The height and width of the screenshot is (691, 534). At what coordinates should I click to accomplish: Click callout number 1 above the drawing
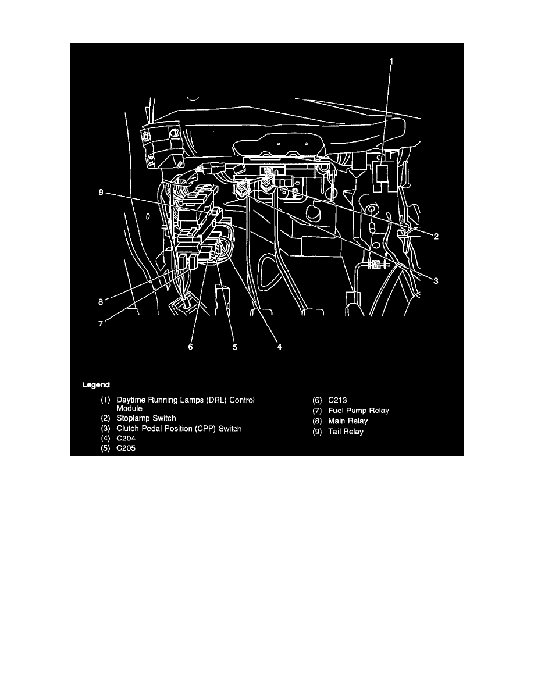tap(391, 62)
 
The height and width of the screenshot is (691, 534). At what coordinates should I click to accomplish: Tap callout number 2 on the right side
tap(436, 237)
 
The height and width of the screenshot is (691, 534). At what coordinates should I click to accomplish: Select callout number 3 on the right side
tap(436, 281)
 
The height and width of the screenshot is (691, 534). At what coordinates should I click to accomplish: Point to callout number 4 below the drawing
tap(279, 347)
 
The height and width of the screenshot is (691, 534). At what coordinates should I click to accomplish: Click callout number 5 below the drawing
tap(235, 347)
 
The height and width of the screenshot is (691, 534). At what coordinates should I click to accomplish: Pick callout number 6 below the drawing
tap(190, 347)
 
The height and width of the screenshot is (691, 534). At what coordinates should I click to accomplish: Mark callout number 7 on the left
tap(101, 324)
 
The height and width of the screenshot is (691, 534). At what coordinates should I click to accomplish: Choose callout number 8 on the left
tap(101, 302)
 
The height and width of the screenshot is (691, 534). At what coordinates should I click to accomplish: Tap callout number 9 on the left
tap(101, 193)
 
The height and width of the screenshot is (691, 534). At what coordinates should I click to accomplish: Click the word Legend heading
tap(95, 385)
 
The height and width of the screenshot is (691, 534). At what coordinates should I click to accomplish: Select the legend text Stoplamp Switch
tap(146, 418)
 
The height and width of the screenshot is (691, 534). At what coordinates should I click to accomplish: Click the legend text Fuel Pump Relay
tap(359, 411)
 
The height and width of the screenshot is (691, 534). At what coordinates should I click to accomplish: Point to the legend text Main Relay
tap(348, 421)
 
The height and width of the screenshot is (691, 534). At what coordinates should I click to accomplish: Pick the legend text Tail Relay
tap(346, 432)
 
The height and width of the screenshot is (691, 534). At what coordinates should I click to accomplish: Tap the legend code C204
tap(126, 439)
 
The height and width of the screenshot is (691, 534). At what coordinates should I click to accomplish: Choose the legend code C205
tap(126, 448)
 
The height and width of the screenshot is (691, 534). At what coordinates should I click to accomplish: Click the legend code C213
tap(337, 401)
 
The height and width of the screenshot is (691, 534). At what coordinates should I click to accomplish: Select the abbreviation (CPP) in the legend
tap(205, 429)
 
